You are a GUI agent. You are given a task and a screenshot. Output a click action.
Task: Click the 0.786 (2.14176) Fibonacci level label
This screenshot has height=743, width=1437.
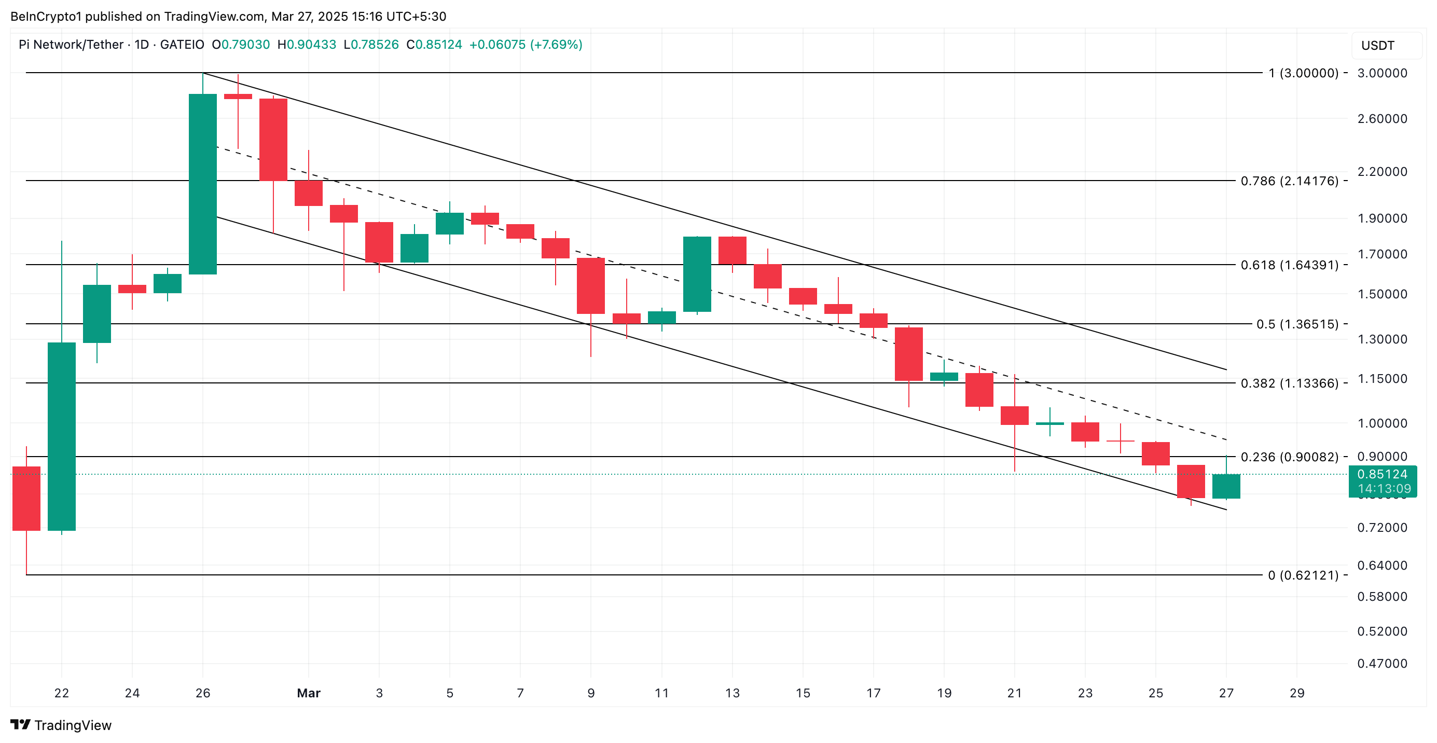[x=1289, y=181]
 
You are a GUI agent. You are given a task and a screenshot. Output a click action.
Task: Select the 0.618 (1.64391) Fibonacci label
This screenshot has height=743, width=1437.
[x=1289, y=265]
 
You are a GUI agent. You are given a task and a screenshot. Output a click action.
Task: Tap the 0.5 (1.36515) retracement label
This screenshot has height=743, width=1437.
[x=1297, y=324]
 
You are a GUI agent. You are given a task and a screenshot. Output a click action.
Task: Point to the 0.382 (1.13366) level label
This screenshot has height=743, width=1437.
[x=1289, y=383]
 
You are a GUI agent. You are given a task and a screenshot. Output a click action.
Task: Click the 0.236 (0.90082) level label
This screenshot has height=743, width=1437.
[x=1289, y=457]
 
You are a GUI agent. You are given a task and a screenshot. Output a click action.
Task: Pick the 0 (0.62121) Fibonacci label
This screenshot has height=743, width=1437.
[x=1303, y=575]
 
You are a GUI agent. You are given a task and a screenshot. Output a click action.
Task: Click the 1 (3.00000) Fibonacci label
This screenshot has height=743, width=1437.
[x=1303, y=73]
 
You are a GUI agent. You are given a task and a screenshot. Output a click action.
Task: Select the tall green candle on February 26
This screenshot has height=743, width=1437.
[x=202, y=184]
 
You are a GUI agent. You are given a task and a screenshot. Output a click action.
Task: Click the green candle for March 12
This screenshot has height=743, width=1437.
[x=697, y=274]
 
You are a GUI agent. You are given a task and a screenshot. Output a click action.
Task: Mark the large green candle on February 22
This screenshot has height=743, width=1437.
[x=61, y=436]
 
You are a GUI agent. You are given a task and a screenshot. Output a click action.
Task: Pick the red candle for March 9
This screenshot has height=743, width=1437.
[x=591, y=285]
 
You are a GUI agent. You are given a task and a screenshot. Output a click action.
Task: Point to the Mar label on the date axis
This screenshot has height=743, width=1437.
[x=309, y=693]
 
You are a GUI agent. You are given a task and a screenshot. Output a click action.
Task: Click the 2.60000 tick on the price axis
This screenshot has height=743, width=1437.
[x=1382, y=118]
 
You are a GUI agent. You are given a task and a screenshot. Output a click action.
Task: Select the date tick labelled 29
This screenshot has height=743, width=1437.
[x=1297, y=693]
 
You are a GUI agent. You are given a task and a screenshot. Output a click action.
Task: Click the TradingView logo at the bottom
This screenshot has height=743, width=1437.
[x=61, y=725]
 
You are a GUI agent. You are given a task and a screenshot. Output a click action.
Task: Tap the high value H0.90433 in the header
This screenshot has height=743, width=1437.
[x=307, y=45]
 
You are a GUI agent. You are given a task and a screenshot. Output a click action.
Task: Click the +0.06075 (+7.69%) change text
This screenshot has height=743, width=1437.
[x=526, y=45]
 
